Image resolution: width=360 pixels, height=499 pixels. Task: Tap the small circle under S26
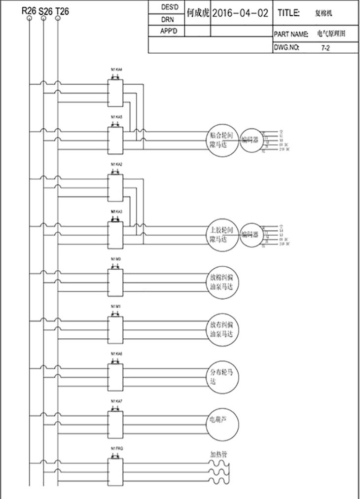[x=44, y=18]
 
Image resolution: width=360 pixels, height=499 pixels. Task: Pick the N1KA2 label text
[x=116, y=163]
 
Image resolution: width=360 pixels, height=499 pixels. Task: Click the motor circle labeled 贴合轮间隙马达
[x=221, y=140]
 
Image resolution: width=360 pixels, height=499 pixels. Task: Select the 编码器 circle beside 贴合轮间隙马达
[x=250, y=140]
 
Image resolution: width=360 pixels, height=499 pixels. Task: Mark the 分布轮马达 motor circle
[x=221, y=376]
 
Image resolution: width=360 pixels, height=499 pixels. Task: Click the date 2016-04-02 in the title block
[x=240, y=13]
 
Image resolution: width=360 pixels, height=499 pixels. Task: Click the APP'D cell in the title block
[x=166, y=31]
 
